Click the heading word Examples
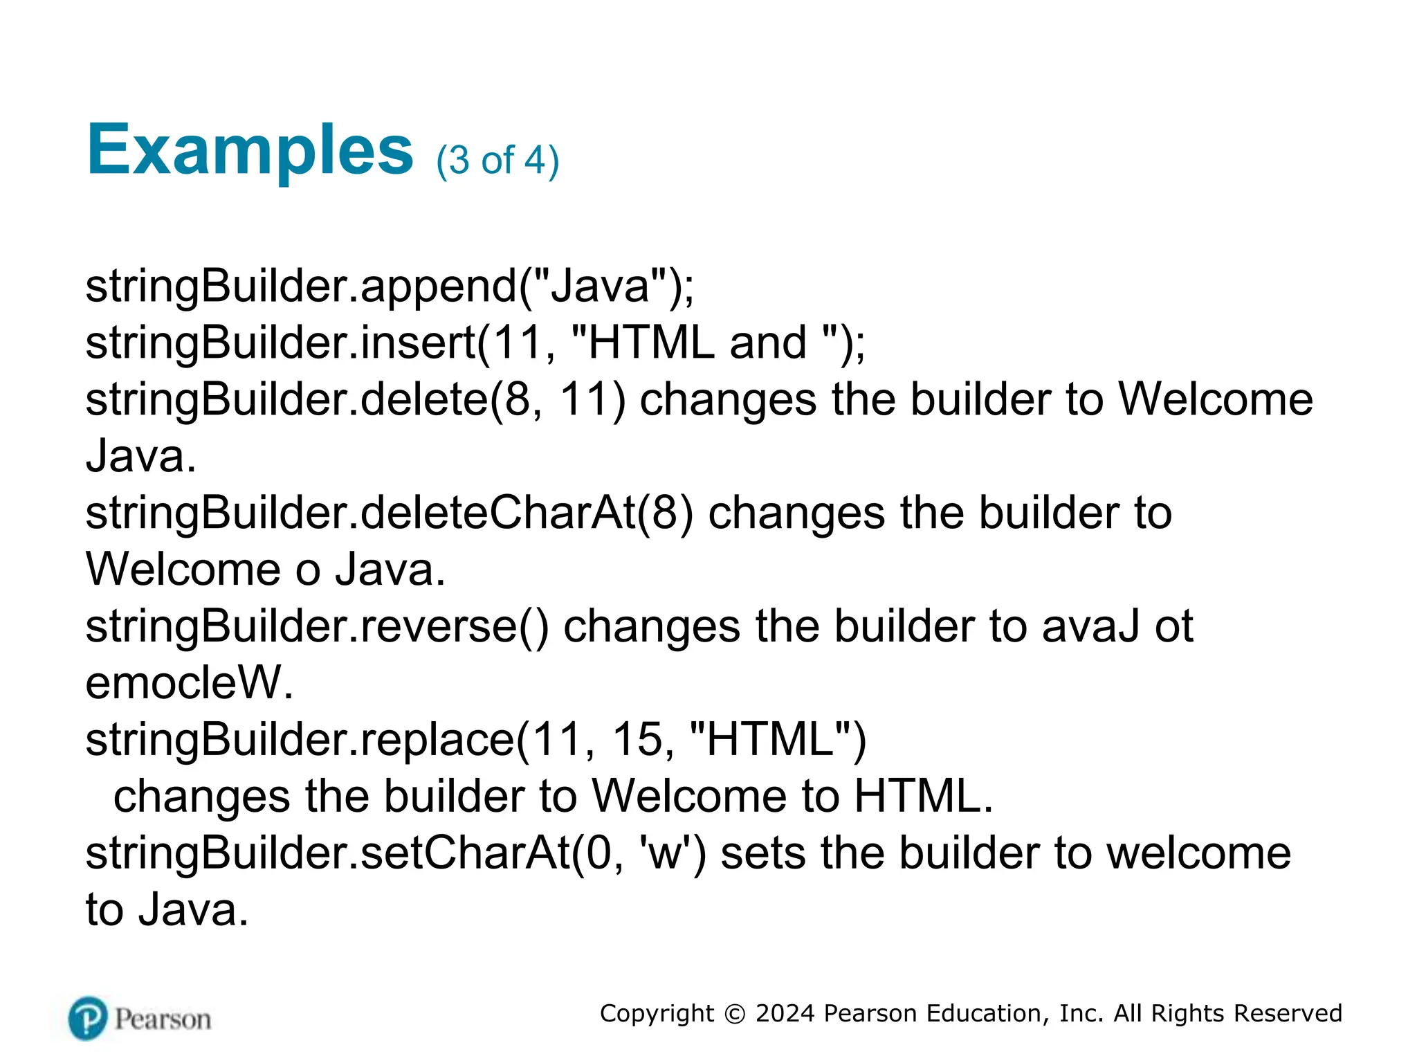coord(250,151)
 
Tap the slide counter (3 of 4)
coord(497,161)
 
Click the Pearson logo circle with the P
coord(88,1018)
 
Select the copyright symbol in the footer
coord(734,1014)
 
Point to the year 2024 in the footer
coord(785,1014)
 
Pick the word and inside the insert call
coord(768,343)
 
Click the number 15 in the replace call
coord(637,740)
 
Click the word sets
coord(763,853)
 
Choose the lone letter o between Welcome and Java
coord(308,571)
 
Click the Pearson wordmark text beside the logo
coord(163,1019)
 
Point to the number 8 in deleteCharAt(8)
coord(664,513)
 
